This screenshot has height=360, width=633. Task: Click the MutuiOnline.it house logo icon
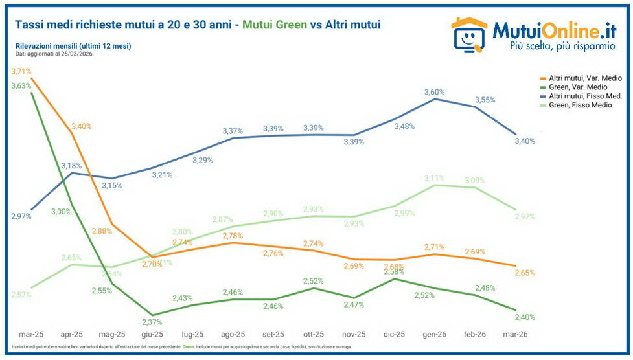pos(468,34)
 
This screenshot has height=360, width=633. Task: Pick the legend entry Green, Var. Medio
pos(576,87)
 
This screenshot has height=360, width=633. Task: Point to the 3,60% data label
pos(435,92)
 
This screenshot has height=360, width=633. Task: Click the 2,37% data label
pos(153,322)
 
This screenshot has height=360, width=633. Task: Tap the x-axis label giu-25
pos(152,335)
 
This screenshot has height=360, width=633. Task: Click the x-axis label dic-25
pos(393,335)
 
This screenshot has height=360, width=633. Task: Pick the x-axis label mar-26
pos(514,335)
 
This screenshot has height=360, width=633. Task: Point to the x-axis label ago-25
pos(233,335)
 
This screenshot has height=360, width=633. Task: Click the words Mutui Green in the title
pos(275,25)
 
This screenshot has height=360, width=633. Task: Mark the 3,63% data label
pos(21,85)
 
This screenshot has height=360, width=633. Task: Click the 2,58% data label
pos(393,271)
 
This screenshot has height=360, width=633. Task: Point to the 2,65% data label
pos(525,273)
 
